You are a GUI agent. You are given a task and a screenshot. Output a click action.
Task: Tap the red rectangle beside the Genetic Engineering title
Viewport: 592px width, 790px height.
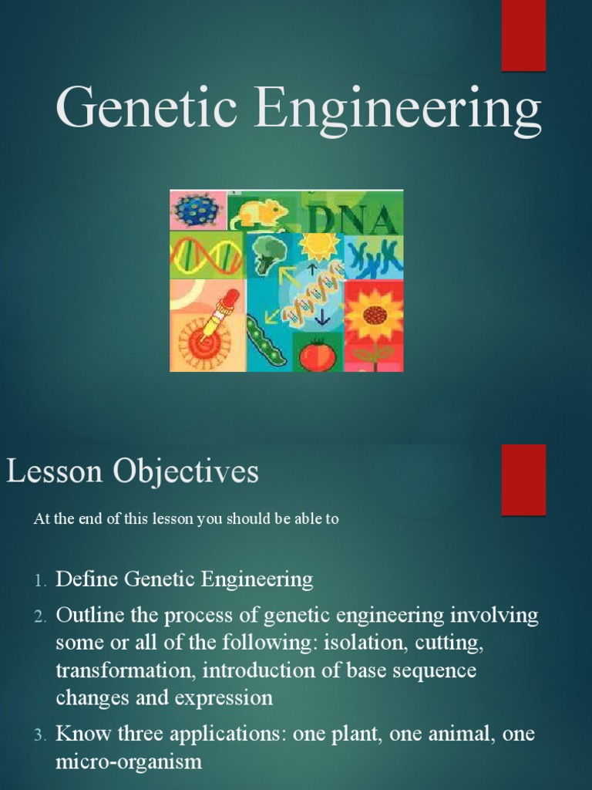[x=523, y=35]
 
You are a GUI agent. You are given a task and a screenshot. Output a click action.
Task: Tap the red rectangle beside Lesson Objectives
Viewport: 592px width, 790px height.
[x=523, y=479]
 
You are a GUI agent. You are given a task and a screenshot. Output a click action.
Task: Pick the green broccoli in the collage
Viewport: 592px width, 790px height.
[x=270, y=253]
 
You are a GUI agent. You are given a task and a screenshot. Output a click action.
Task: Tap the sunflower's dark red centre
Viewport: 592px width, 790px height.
[x=375, y=315]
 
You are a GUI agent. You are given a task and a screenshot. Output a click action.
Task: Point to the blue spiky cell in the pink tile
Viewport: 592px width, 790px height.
[x=197, y=209]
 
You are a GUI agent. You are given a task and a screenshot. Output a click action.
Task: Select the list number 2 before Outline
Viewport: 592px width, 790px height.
[x=40, y=616]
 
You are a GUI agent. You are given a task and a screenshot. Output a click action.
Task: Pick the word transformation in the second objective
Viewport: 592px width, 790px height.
[x=126, y=670]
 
